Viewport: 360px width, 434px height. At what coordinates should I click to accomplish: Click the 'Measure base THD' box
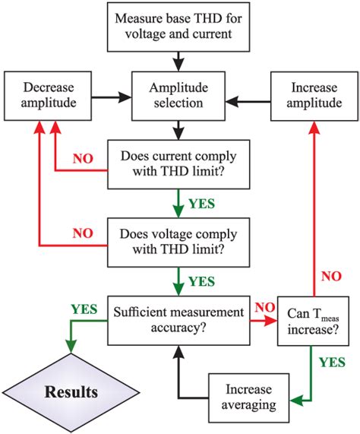click(x=177, y=24)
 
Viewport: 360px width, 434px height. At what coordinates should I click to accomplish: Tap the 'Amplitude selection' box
click(x=177, y=97)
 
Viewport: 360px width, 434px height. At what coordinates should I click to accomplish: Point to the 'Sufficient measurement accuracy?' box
click(x=177, y=320)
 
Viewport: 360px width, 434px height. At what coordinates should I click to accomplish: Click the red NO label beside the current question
click(x=84, y=160)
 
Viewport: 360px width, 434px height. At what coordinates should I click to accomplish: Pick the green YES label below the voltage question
click(x=201, y=281)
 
